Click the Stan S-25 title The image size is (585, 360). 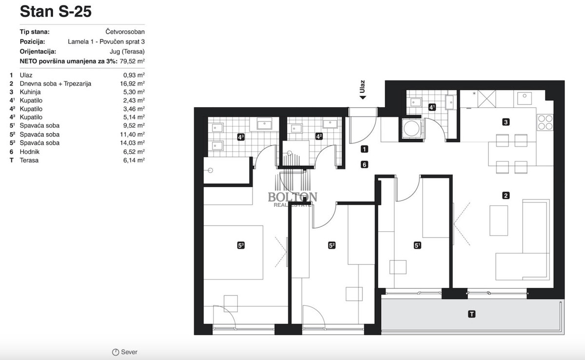(56, 12)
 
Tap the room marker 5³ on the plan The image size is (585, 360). (241, 245)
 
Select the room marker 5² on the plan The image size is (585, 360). (331, 245)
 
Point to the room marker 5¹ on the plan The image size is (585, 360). (417, 245)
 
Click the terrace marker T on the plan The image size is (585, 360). (472, 314)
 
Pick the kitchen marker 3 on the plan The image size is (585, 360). (506, 122)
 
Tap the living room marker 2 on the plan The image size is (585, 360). (506, 196)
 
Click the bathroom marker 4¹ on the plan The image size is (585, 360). (432, 107)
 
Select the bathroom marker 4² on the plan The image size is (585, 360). (319, 137)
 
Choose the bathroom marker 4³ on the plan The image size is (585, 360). (241, 137)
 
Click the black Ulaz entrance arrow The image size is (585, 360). (363, 98)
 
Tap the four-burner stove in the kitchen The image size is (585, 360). (545, 122)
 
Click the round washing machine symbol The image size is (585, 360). (411, 128)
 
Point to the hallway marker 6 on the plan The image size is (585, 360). (364, 164)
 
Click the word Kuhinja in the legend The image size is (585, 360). (30, 92)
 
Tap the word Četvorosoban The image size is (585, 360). (125, 32)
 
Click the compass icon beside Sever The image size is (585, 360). (116, 352)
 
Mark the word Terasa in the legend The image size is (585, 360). (29, 160)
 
